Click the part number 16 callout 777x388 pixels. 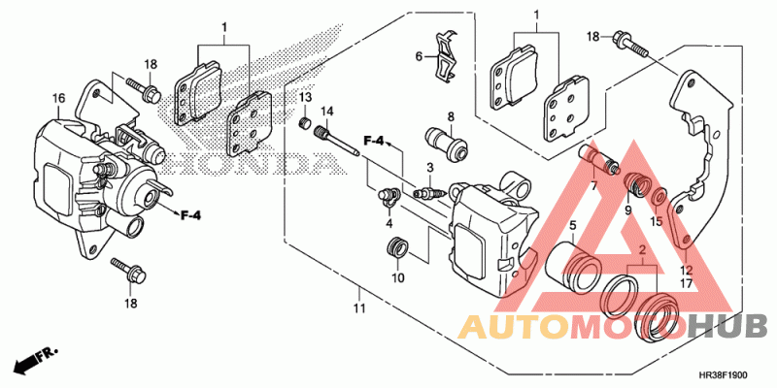pos(58,98)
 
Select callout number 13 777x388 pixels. pos(304,98)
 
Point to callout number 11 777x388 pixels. pos(360,308)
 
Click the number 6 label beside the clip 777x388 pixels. pos(420,56)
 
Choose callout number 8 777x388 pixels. pos(451,115)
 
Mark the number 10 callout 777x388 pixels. pos(398,279)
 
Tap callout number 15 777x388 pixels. pos(656,222)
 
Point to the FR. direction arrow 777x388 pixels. pos(34,358)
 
